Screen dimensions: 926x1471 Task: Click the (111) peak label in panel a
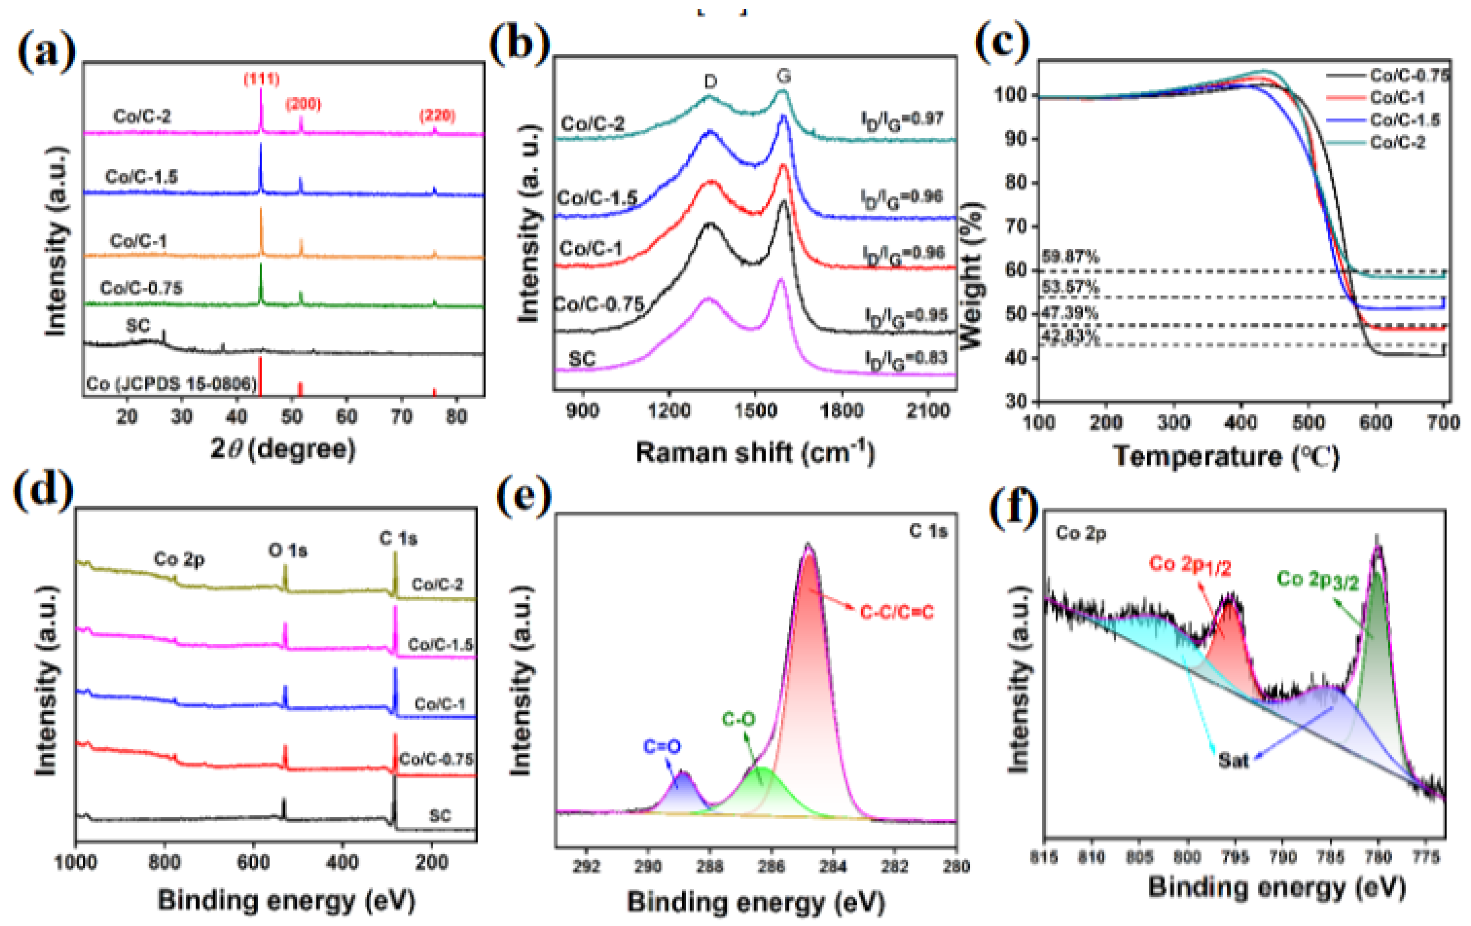pos(262,79)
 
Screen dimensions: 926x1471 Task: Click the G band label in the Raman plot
pos(784,76)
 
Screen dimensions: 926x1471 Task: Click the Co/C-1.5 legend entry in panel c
pos(1404,120)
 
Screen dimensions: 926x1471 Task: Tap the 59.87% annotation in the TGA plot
pos(1070,257)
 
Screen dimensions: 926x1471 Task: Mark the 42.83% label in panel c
pos(1070,337)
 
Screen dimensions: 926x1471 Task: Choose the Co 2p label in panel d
pos(179,559)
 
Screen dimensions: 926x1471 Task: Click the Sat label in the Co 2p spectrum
pos(1233,760)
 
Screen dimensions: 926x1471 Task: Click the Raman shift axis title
pos(755,453)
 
